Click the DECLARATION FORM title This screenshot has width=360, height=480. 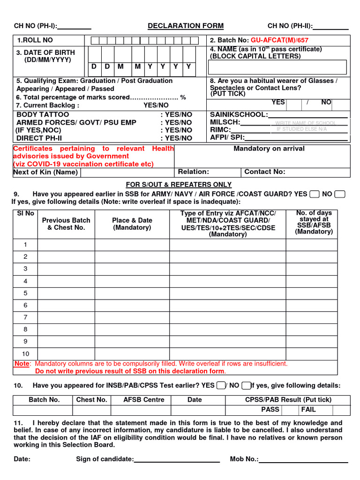[x=186, y=26]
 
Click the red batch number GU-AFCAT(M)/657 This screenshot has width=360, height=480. [x=280, y=40]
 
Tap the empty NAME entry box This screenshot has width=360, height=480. [x=278, y=67]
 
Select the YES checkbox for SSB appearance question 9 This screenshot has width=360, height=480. [x=315, y=194]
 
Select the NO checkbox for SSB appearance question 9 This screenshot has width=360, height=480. [x=341, y=194]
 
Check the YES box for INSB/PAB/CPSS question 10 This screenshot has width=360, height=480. [x=220, y=385]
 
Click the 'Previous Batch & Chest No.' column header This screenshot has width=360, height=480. [x=66, y=224]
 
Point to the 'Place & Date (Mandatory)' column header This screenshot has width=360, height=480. [x=132, y=224]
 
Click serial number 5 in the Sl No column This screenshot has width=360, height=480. [x=25, y=293]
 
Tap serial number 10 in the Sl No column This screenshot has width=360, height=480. [x=25, y=354]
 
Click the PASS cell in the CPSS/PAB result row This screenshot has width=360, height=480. [x=270, y=409]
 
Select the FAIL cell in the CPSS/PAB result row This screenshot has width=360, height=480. [x=308, y=409]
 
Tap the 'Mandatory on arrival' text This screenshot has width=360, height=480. [x=269, y=149]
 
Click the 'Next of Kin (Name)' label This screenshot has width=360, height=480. [x=45, y=172]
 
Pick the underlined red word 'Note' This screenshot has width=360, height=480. [x=22, y=363]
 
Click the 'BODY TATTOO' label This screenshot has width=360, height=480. [x=43, y=114]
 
